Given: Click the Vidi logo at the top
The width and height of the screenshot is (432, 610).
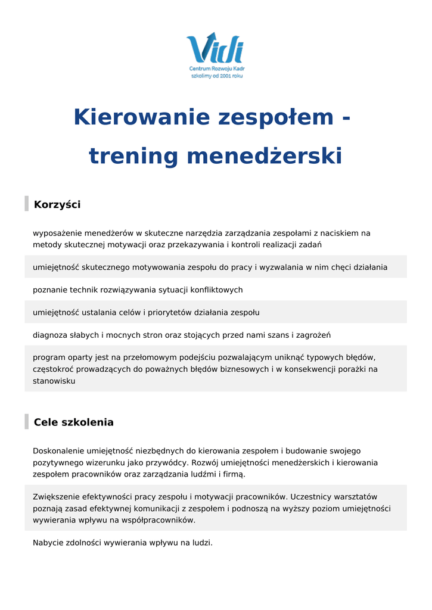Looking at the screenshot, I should point(215,48).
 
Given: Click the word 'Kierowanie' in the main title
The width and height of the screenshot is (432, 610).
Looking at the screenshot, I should point(141,117).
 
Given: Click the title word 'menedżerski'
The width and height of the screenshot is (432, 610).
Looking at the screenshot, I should point(265,156).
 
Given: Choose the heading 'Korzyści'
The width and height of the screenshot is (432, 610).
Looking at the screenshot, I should point(57,205).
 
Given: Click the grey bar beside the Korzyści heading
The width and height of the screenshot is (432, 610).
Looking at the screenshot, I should point(26,203).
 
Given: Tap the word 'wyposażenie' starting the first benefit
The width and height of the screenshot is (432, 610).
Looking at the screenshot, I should point(57,234).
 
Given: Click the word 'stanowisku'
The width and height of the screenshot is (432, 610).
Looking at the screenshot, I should point(54,381).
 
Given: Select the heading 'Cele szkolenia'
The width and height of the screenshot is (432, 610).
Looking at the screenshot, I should point(74,423).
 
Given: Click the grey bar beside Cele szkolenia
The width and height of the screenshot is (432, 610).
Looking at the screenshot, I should point(26,421).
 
